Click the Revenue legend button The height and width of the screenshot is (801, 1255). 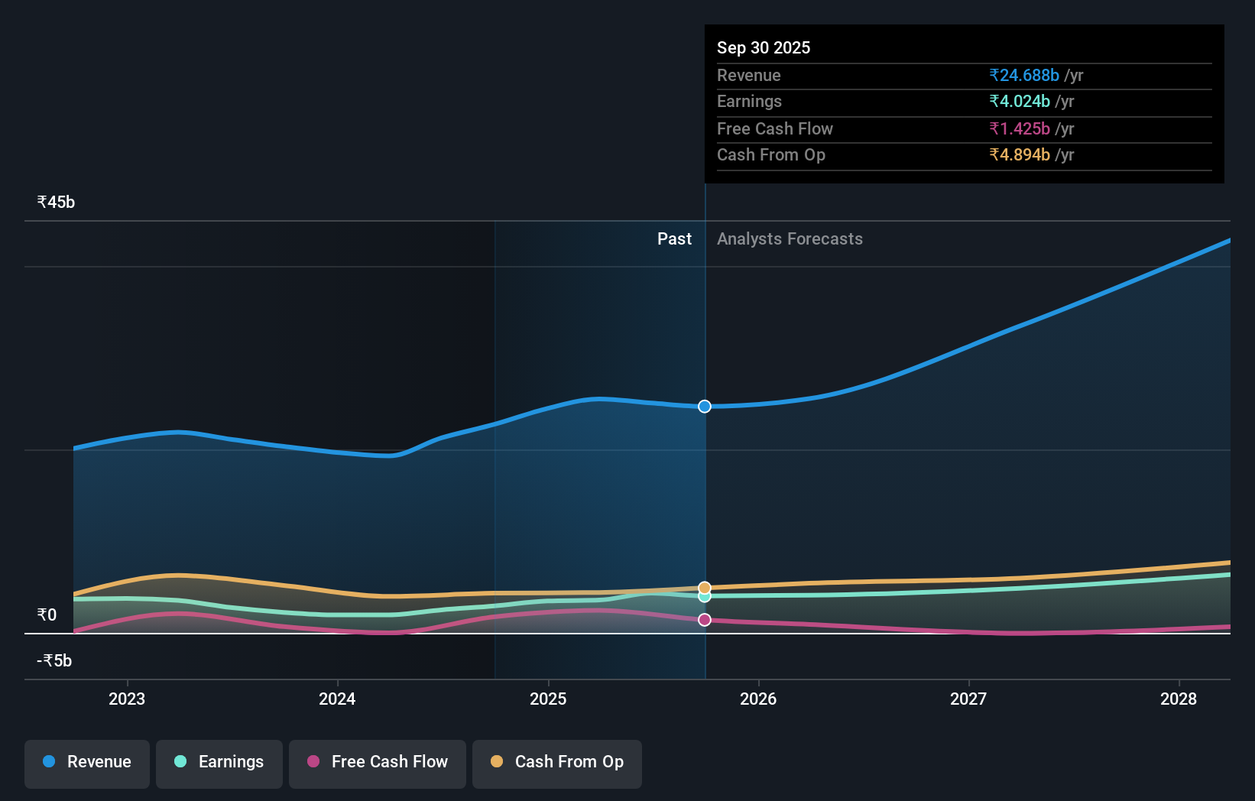87,763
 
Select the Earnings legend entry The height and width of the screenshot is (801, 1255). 219,763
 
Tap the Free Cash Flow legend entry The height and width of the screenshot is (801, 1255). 378,763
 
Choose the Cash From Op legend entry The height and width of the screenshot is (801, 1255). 557,763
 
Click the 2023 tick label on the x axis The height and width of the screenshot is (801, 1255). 127,699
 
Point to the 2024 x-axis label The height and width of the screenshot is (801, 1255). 337,699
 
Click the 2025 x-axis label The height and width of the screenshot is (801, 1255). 548,699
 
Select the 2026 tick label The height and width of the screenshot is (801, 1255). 758,699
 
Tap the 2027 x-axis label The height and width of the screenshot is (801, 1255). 968,699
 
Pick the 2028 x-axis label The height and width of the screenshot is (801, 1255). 1179,699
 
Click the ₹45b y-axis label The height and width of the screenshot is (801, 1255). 56,203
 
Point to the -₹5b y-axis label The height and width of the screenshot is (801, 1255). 54,661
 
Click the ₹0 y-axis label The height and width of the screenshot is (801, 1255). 47,615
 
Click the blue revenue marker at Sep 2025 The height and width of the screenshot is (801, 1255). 705,407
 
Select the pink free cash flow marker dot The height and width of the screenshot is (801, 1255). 705,620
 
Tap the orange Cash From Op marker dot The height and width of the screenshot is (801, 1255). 705,588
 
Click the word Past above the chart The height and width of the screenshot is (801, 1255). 674,239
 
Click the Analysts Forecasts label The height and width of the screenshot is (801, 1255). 790,239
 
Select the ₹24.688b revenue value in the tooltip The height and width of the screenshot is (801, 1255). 1024,76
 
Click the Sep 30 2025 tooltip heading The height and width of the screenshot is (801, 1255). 764,48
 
